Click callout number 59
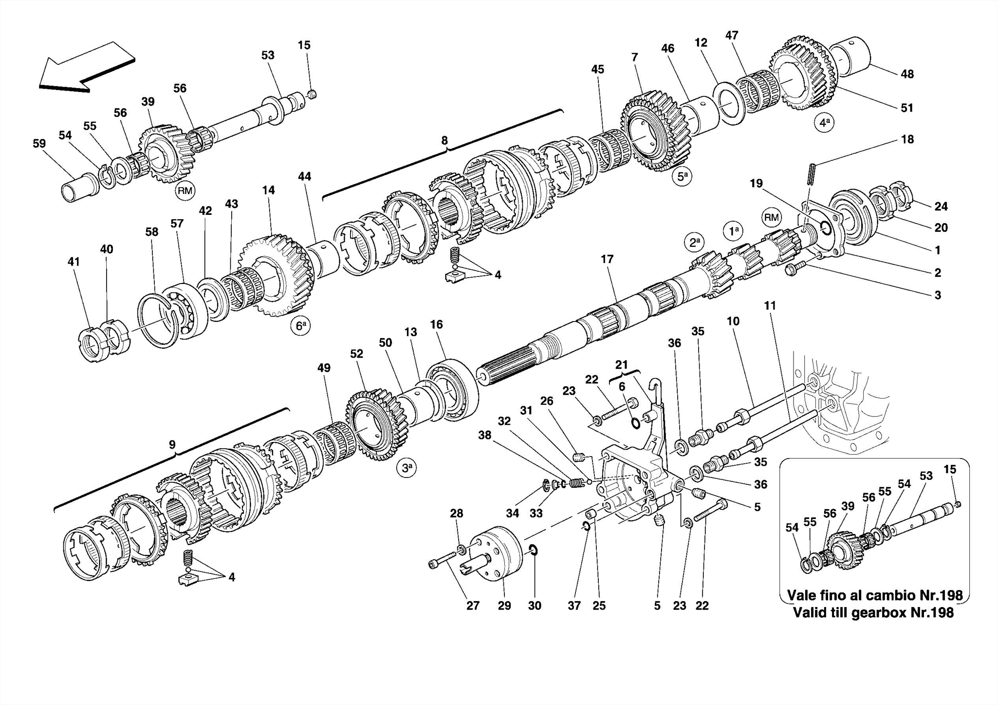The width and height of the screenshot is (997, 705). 39,144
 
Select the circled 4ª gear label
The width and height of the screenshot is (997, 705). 823,122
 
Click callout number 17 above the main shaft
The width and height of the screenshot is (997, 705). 607,259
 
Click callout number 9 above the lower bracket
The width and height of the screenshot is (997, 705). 172,444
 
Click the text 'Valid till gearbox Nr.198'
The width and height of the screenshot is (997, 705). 873,612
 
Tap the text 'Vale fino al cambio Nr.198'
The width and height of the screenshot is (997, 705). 874,595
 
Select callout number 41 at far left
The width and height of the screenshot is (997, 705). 74,262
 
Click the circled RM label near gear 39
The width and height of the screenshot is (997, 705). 185,191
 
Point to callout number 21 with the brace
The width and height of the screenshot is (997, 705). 621,364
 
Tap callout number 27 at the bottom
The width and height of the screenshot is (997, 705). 473,606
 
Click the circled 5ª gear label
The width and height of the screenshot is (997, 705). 683,177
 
